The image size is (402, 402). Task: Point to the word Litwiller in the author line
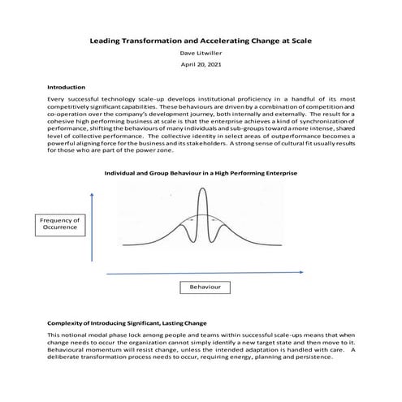(212, 54)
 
